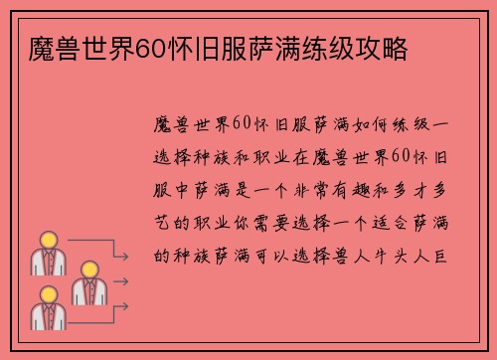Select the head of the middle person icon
[x=87, y=269]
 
